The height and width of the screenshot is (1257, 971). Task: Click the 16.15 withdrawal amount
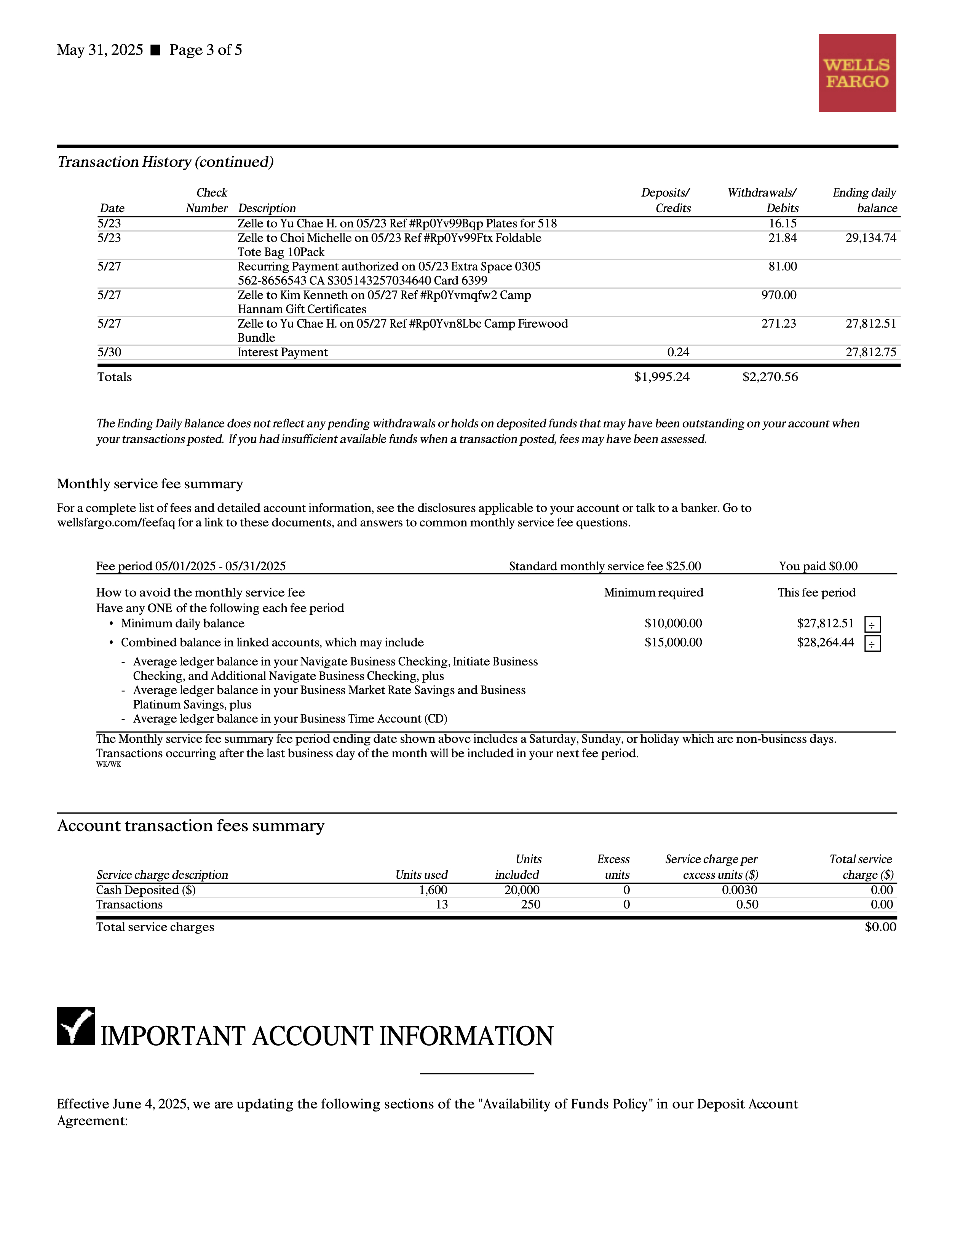(x=783, y=223)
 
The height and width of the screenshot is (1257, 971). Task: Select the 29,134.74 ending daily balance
(x=870, y=238)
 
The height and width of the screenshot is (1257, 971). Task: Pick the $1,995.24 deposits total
(x=661, y=377)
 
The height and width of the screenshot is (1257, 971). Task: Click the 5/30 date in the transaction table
(x=109, y=352)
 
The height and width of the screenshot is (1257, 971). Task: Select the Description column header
(x=267, y=208)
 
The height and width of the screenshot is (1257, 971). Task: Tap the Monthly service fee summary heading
(x=150, y=484)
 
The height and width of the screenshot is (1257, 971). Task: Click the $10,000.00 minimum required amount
(x=673, y=623)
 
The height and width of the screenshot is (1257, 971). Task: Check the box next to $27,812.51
(x=872, y=624)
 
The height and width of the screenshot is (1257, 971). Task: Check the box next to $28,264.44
(x=872, y=643)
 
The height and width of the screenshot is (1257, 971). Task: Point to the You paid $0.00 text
(x=818, y=566)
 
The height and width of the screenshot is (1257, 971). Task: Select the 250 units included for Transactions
(x=530, y=905)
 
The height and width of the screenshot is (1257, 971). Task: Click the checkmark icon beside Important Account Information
(x=76, y=1026)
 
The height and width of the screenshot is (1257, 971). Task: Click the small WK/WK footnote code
(x=109, y=765)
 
